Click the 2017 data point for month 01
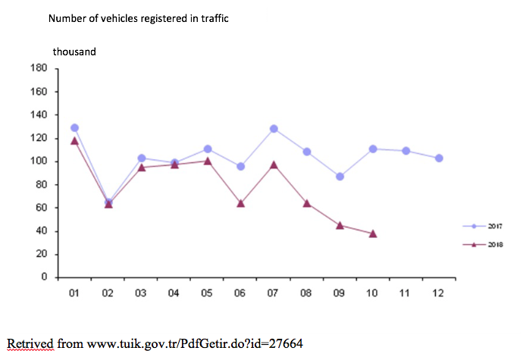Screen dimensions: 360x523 point(74,128)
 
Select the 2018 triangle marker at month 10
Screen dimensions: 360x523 point(373,233)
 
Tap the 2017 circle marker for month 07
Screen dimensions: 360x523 point(274,129)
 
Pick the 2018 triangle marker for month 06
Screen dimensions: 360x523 point(240,203)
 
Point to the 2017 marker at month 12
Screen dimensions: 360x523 point(439,158)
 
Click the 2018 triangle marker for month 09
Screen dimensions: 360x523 point(340,225)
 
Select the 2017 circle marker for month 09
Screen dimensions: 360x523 point(340,176)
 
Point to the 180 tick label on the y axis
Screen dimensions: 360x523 point(39,68)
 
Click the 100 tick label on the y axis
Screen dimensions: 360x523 point(39,161)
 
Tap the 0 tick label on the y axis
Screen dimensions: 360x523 point(44,277)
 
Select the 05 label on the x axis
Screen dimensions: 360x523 point(207,293)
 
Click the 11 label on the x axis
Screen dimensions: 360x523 point(406,293)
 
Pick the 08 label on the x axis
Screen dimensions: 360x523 point(306,293)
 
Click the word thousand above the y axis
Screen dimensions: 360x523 point(74,52)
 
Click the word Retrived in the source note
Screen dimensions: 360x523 point(29,343)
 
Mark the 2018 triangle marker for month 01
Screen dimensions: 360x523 point(74,140)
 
